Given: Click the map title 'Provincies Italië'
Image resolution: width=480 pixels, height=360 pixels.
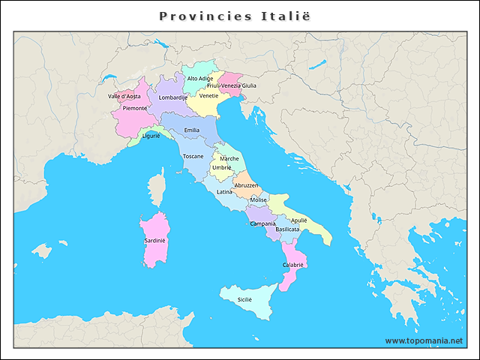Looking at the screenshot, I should point(235,16).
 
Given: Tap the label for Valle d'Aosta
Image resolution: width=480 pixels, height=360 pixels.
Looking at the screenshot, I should point(124,97).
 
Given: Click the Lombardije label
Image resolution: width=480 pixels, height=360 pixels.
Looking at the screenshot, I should point(173,97).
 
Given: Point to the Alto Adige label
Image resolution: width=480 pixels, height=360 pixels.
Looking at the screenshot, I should point(200,79).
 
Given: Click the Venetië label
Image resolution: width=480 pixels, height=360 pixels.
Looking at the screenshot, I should point(209,96).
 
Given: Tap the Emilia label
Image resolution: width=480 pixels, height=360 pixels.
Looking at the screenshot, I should point(192,130).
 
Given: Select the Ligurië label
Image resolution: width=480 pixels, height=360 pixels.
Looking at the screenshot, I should point(151,136).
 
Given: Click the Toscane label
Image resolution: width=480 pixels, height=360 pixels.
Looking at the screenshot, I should point(193,156).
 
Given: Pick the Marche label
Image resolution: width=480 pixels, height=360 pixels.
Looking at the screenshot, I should point(229,159).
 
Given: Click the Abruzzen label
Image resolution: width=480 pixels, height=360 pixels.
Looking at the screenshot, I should point(246,185).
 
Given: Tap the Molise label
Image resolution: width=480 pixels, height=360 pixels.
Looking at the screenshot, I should point(258,200).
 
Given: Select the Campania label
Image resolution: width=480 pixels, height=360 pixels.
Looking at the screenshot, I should point(262,223).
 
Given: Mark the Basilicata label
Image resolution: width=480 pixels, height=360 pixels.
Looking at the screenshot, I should point(287,229).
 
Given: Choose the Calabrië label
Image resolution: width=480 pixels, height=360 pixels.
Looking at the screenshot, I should point(292,265).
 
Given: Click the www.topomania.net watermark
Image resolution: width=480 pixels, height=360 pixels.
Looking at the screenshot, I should point(424,340).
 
